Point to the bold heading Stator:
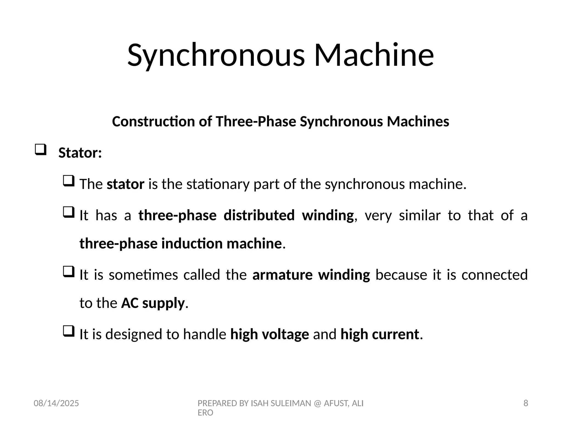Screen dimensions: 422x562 coord(80,153)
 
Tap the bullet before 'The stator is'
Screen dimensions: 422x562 coord(69,181)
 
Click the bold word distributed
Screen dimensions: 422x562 coord(259,215)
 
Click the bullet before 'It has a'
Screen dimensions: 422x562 coord(69,212)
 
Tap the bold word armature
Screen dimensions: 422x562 coord(282,275)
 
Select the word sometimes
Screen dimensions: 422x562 coord(143,275)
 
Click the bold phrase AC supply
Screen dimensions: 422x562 coord(153,303)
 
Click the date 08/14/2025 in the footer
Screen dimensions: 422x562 coord(56,403)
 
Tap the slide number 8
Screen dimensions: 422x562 coord(526,403)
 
